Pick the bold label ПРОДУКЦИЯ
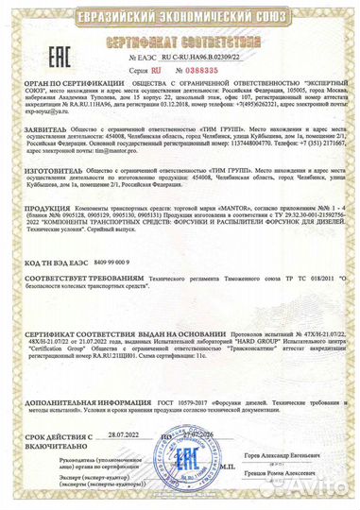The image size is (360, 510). tap(44, 239)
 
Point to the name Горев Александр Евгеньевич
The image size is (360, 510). tap(297, 455)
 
